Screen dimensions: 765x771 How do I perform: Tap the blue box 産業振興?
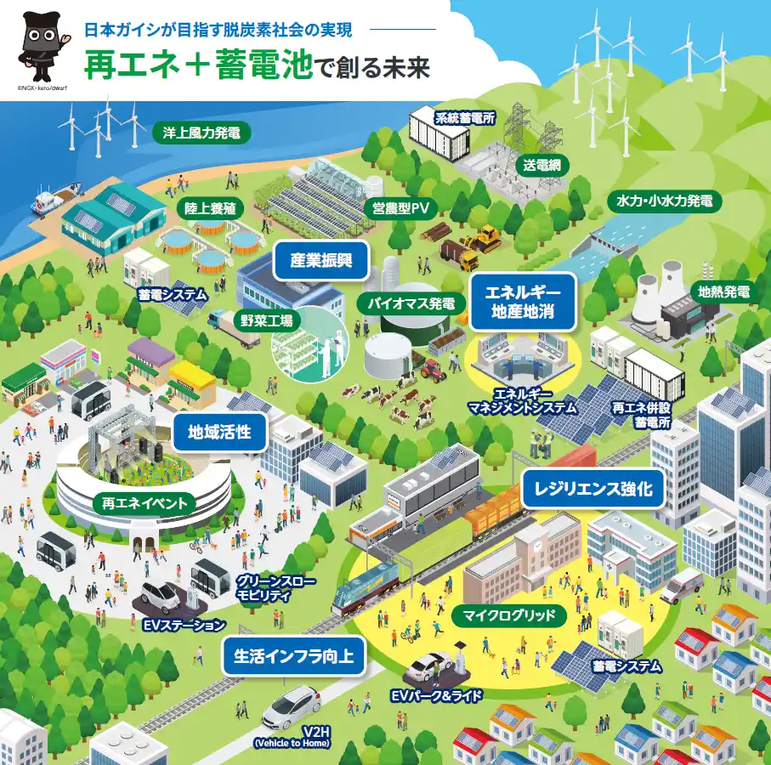[x=321, y=260]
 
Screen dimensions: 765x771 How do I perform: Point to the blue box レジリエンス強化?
[x=592, y=489]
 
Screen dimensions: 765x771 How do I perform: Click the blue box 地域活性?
[x=219, y=432]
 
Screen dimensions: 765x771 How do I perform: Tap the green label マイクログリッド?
[x=509, y=615]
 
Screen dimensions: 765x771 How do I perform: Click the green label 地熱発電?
[x=723, y=292]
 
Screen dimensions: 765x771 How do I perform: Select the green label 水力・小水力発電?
[x=665, y=201]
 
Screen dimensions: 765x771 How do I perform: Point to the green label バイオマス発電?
[x=411, y=303]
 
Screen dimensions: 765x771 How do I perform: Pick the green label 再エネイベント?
[x=144, y=503]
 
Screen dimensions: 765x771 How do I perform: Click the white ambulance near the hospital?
[x=681, y=584]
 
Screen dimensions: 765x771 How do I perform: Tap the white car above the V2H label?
[x=292, y=704]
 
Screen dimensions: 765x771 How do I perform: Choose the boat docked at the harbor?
[x=48, y=201]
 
